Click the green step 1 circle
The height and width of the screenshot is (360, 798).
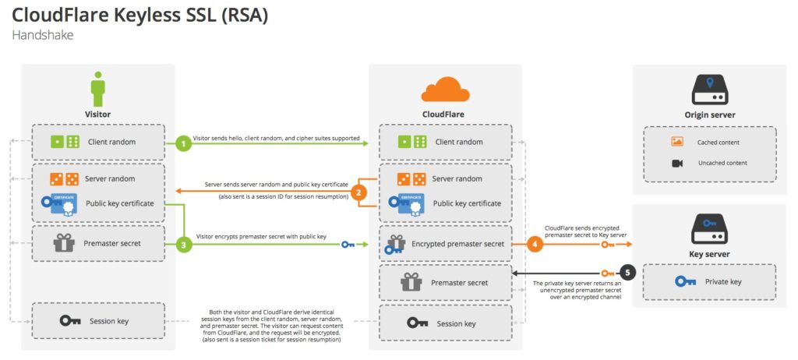coord(182,143)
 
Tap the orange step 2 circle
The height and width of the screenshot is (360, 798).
coord(359,192)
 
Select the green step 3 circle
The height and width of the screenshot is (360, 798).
coord(182,245)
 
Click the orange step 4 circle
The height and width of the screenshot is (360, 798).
coord(534,244)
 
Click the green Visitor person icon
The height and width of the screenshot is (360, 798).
coord(98,89)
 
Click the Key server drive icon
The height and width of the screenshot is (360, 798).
coord(710,229)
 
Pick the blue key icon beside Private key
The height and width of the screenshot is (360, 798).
coord(686,282)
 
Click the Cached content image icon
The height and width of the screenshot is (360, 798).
coord(676,143)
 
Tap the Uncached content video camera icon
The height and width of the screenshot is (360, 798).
coord(676,163)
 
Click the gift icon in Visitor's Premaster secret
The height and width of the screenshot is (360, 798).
coord(64,243)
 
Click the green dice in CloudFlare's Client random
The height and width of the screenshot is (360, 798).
coord(412,142)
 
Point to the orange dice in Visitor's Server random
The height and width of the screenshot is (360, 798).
coord(64,179)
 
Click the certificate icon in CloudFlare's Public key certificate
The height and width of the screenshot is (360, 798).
coord(411,203)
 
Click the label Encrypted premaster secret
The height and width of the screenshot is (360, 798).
coord(459,244)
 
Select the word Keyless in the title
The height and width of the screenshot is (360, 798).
coord(157,16)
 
